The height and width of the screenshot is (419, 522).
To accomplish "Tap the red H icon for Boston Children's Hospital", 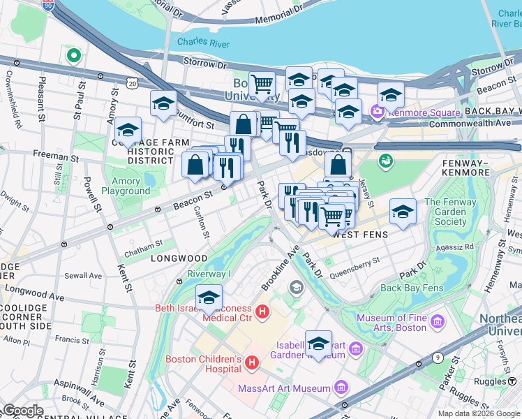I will click(252, 362).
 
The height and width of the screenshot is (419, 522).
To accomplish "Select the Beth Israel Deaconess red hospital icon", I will click(262, 311).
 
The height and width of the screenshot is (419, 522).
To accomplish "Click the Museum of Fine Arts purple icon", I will click(438, 322).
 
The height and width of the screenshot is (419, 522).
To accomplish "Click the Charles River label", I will click(203, 42).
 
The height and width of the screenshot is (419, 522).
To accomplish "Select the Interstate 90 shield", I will click(47, 6).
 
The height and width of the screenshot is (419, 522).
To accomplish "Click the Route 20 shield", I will click(133, 83).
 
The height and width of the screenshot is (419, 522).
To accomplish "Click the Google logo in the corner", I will click(23, 411).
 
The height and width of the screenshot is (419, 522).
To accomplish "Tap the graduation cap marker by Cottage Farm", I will click(128, 130).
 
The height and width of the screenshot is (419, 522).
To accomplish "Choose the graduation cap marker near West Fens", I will click(402, 210).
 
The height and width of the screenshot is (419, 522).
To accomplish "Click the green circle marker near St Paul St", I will click(72, 54).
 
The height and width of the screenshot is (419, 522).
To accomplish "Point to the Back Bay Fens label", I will click(412, 288).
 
